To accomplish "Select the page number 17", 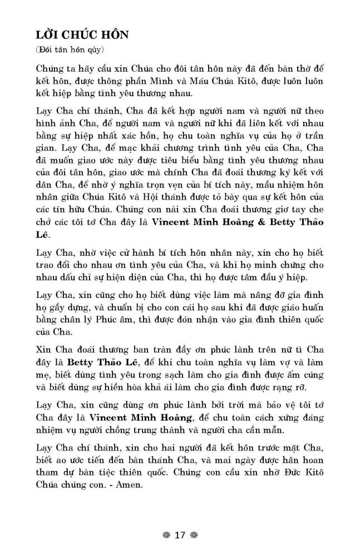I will [x=179, y=535].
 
